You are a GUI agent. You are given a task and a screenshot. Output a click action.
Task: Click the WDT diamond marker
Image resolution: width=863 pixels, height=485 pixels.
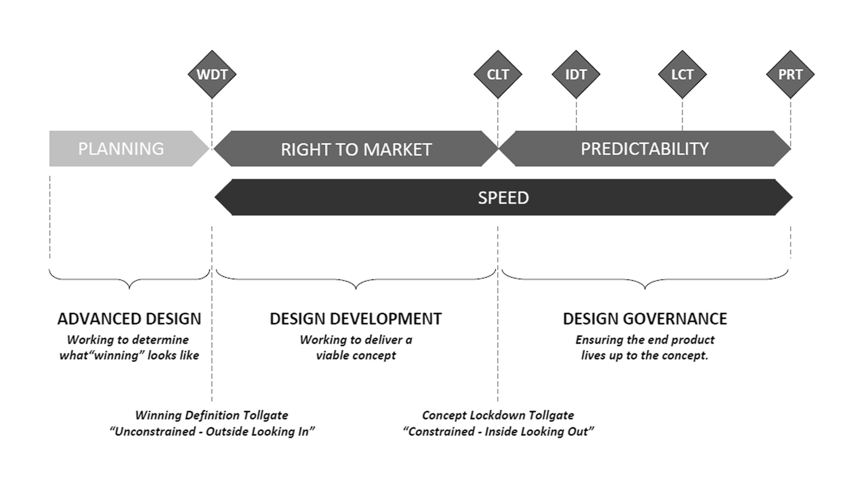coord(212,74)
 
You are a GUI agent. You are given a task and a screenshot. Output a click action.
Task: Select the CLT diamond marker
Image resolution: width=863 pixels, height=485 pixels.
coord(498,74)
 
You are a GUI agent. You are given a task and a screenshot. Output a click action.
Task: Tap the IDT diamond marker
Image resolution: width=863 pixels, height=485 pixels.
coord(576,74)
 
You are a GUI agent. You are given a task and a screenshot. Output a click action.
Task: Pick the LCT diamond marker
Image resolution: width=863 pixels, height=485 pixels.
coord(682,74)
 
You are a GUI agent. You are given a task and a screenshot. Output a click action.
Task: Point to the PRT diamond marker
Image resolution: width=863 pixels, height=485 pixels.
coord(790,74)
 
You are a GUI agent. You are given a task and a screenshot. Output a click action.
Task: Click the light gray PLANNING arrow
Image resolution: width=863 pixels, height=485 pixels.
coord(129,148)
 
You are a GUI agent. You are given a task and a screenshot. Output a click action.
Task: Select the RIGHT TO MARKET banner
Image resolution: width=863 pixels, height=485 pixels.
coord(356,148)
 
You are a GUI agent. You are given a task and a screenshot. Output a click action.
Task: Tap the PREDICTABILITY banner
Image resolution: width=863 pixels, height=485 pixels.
coord(645,148)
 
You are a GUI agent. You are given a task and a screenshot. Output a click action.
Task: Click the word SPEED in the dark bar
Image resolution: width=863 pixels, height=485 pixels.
coord(503,198)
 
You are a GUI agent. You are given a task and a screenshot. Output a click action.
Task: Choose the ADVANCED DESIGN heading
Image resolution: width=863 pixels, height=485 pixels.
coord(129,319)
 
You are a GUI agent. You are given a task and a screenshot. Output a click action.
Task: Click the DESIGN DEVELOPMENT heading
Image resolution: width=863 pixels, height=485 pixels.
coord(356,319)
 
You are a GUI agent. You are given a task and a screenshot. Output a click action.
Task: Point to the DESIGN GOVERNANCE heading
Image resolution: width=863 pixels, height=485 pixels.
coord(645,319)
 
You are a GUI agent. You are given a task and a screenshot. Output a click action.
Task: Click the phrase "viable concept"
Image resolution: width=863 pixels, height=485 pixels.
coord(356,355)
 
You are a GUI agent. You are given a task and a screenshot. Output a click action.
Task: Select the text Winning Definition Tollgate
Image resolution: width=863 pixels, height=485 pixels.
coord(211,415)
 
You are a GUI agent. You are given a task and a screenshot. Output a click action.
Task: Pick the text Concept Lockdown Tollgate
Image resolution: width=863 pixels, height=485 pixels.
coord(498,415)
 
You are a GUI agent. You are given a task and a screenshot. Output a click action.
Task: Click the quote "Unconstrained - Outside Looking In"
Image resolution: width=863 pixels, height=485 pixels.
coord(212,431)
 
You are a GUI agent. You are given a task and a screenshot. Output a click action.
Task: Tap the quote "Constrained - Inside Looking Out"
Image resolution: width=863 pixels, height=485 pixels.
coord(498,431)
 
